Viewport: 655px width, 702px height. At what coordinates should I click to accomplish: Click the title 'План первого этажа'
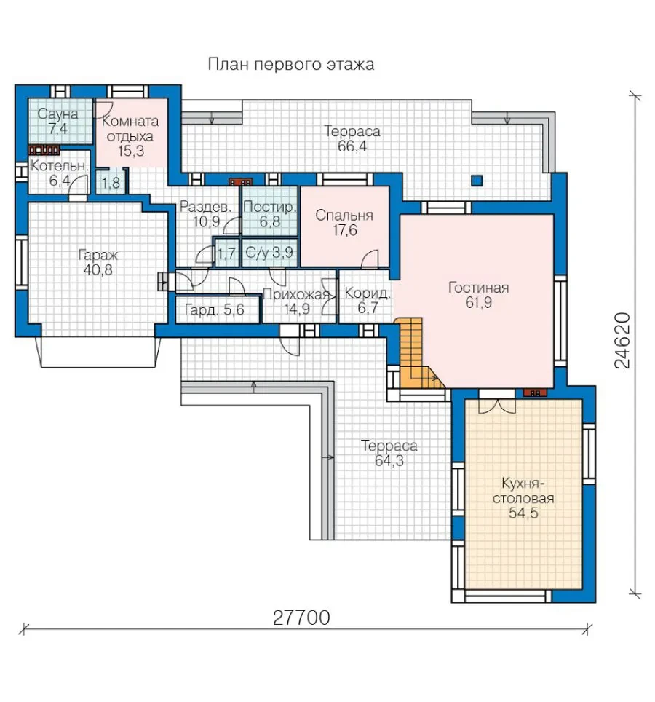point(291,65)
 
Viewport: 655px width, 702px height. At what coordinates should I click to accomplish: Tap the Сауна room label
point(57,114)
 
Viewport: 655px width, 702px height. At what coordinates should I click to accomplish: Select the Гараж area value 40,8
point(98,270)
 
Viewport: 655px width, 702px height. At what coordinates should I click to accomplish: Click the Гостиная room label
point(478,288)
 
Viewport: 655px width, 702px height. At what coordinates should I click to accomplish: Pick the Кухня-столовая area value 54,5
point(523,513)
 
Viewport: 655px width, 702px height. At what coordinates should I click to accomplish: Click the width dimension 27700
point(301,618)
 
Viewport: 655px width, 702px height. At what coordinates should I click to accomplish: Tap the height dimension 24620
point(622,341)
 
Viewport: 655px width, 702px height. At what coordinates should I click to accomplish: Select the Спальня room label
point(344,216)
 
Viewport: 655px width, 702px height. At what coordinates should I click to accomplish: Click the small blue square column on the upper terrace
point(477,181)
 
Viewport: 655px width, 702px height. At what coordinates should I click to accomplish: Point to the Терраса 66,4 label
point(352,139)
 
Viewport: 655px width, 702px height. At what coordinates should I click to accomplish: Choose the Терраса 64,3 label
point(389,453)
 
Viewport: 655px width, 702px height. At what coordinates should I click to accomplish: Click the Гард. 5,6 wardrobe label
point(214,309)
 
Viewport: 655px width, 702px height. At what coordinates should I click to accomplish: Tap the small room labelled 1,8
point(111,183)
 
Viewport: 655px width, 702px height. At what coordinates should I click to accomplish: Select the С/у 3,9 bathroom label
point(269,253)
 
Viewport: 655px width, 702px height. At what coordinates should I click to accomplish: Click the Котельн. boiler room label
point(59,166)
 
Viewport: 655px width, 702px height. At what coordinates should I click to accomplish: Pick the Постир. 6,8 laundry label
point(270,214)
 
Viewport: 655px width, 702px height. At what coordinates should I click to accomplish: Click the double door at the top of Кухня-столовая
point(496,406)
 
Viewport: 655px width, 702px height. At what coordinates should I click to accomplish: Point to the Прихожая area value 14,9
point(297,309)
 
